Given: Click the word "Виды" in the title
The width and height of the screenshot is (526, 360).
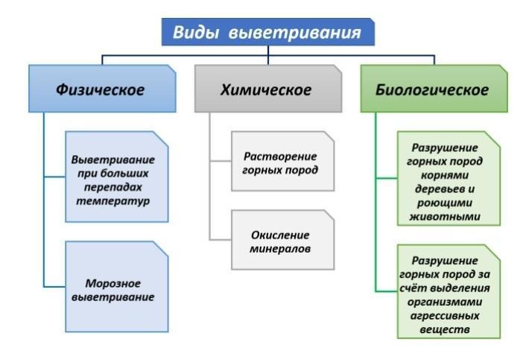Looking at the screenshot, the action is (195, 33).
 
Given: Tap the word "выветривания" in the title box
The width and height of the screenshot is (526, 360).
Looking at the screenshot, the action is (295, 34).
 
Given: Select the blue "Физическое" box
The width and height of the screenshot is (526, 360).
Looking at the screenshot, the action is (102, 89).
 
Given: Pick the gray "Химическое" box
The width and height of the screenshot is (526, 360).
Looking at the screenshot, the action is (268, 89).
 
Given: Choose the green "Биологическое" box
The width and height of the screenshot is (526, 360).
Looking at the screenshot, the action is (434, 89).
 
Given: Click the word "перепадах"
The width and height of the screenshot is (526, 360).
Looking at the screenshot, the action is (113, 187).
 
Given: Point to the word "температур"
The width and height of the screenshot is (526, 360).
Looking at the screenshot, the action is (113, 201).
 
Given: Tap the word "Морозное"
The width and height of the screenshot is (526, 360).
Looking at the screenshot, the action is (113, 283).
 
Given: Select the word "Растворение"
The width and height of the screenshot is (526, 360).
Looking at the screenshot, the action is (280, 157).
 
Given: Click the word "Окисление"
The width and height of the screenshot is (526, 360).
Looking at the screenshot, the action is (280, 235).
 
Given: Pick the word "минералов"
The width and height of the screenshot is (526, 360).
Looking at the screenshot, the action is (280, 249).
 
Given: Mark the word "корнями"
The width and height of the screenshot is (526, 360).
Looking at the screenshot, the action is (445, 175).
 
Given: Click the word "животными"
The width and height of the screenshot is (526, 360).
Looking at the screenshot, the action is (445, 216).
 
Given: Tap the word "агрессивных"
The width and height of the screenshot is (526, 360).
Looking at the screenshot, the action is (445, 316).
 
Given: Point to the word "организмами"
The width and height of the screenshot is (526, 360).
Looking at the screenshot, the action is (445, 302).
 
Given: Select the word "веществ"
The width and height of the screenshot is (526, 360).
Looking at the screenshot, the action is (445, 329).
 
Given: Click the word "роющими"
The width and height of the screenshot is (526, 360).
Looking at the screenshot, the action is (445, 203).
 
